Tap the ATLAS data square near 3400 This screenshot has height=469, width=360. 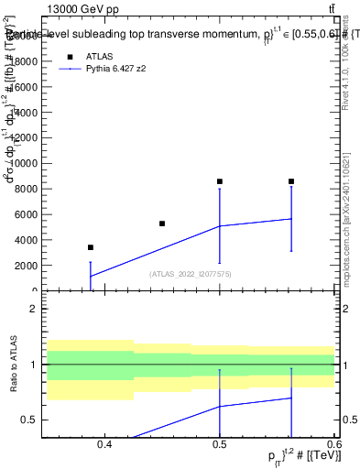pos(90,247)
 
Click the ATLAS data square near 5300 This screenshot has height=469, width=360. pos(162,224)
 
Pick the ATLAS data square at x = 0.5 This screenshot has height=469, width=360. pos(220,181)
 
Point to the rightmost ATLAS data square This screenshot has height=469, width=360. pos(291,181)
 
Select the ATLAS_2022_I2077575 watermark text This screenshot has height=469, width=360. pos(191,273)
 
